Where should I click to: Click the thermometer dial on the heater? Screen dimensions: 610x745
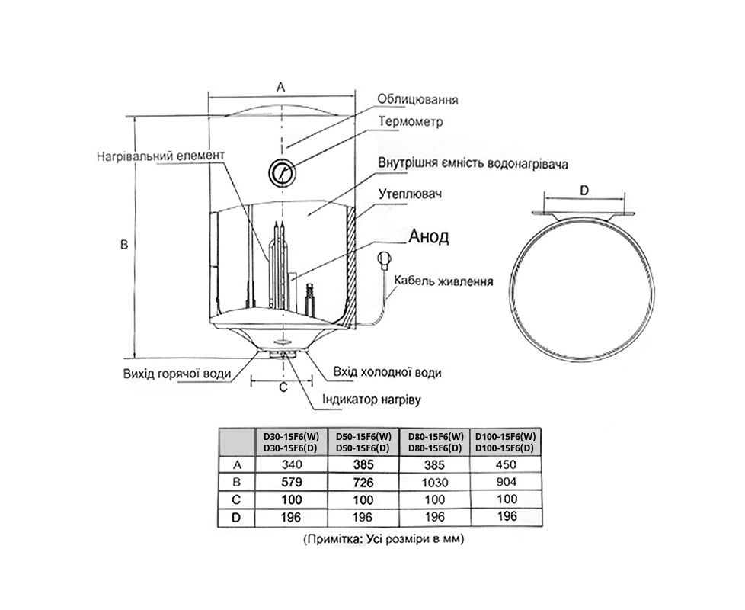tap(280, 172)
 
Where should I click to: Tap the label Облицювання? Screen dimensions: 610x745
tap(417, 100)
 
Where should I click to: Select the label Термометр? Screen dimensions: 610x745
tap(410, 121)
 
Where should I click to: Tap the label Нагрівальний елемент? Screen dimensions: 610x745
tap(161, 156)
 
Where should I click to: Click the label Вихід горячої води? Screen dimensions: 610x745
tap(176, 374)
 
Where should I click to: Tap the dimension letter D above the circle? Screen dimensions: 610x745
tap(584, 191)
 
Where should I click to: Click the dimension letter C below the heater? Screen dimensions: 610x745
tap(282, 387)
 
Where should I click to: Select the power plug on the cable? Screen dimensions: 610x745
tap(385, 261)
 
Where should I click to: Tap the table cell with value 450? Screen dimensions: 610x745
tap(506, 464)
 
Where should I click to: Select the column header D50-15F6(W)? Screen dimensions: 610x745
tap(363, 436)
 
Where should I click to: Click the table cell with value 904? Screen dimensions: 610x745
tap(506, 481)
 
